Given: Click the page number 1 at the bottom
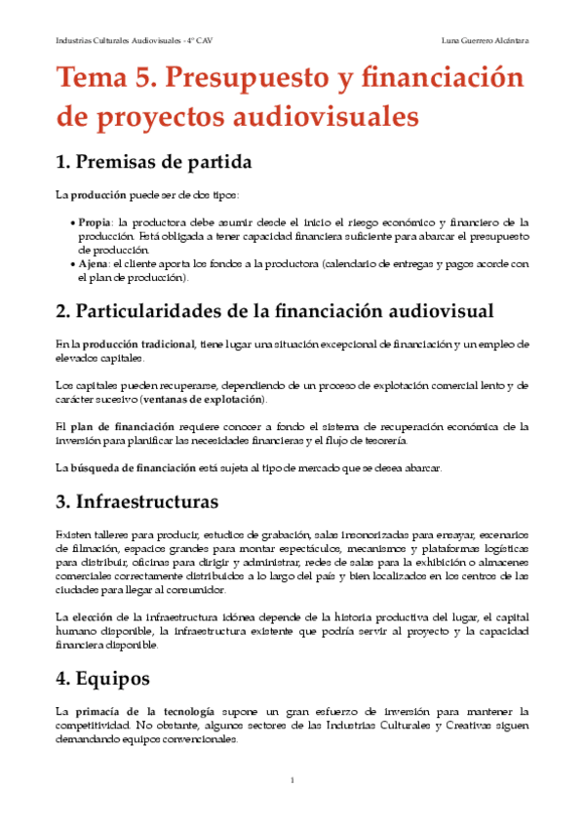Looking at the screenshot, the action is (x=292, y=780).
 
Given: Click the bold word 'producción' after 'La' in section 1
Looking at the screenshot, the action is (x=94, y=195).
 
